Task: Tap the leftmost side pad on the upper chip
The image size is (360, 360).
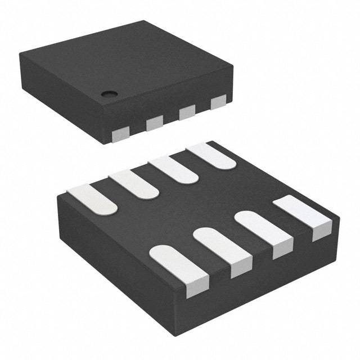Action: (x=120, y=132)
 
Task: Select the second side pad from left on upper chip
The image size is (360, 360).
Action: (x=154, y=123)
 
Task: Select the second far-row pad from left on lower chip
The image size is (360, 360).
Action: (x=134, y=184)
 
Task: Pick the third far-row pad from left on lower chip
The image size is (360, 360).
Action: (x=172, y=169)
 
